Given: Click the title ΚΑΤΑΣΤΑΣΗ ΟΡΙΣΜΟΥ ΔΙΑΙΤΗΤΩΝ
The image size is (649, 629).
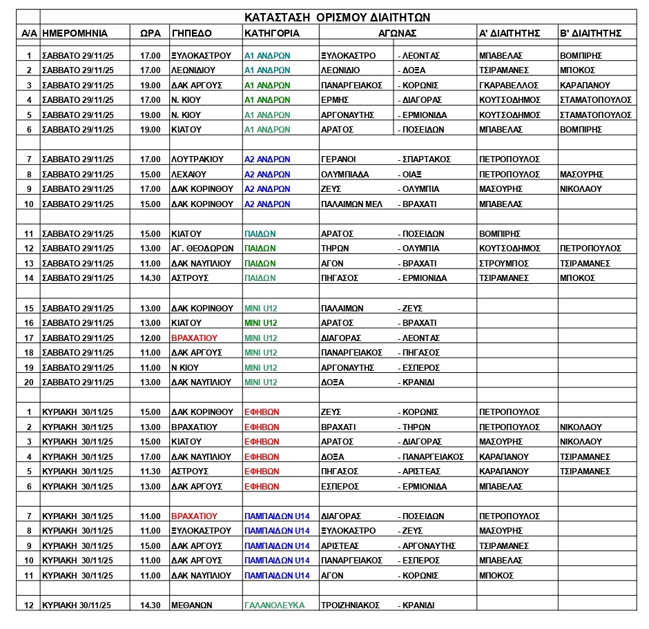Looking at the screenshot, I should tap(338, 18).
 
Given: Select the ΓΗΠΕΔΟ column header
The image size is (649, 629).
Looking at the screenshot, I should tap(192, 32).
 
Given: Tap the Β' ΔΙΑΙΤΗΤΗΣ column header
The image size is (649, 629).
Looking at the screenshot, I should tap(590, 32).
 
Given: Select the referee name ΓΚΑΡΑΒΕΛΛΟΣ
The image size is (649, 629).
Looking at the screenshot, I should tap(509, 85).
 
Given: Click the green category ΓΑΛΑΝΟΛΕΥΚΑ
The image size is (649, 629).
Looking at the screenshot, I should tap(274, 606).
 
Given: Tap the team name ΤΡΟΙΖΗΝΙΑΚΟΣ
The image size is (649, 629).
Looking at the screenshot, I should tap(351, 606).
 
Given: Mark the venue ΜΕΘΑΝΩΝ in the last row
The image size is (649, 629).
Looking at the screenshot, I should tap(191, 606).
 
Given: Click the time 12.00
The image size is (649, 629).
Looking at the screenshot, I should tap(150, 338).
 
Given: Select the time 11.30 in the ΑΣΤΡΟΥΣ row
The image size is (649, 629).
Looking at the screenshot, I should tap(150, 472).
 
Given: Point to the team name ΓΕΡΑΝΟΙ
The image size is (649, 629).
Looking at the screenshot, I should tap(339, 159).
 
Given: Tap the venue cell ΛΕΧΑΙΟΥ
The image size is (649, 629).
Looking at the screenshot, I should tap(190, 175).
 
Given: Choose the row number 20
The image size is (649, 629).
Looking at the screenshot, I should tap(28, 383).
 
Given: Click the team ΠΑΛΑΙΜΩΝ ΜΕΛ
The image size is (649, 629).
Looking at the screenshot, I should tap(351, 204).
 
